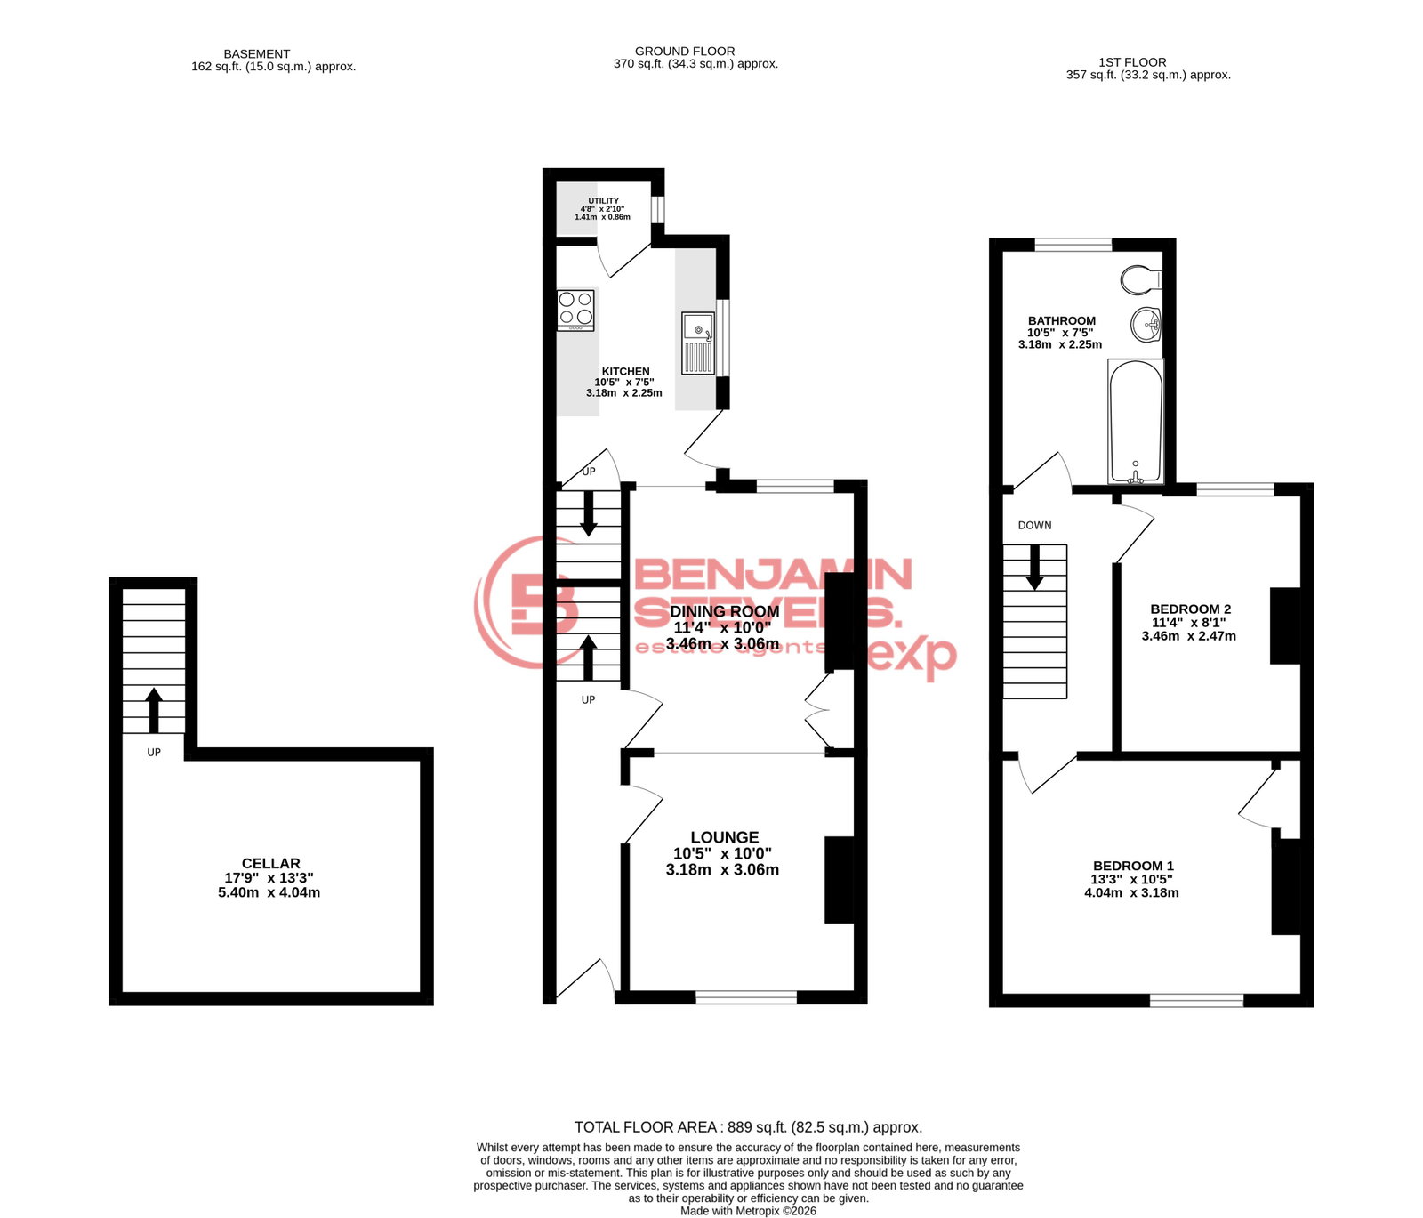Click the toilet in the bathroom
pyautogui.click(x=1141, y=280)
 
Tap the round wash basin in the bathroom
pyautogui.click(x=1146, y=325)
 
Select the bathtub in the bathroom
pyautogui.click(x=1136, y=421)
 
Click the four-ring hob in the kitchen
pyautogui.click(x=575, y=311)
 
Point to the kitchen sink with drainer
pyautogui.click(x=698, y=343)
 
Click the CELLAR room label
pyautogui.click(x=270, y=863)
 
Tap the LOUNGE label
pyautogui.click(x=725, y=837)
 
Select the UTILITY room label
pyautogui.click(x=603, y=201)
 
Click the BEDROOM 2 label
pyautogui.click(x=1190, y=609)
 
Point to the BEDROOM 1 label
pyautogui.click(x=1133, y=866)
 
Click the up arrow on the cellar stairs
pyautogui.click(x=154, y=710)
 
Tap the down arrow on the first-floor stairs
pyautogui.click(x=1034, y=567)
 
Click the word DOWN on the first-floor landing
pyautogui.click(x=1034, y=526)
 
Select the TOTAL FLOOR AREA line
pyautogui.click(x=748, y=1127)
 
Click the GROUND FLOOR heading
pyautogui.click(x=685, y=52)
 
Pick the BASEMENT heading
pyautogui.click(x=257, y=54)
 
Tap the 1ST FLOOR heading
pyautogui.click(x=1132, y=62)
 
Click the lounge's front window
pyautogui.click(x=746, y=997)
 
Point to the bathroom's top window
pyautogui.click(x=1073, y=245)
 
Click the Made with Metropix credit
pyautogui.click(x=748, y=1211)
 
